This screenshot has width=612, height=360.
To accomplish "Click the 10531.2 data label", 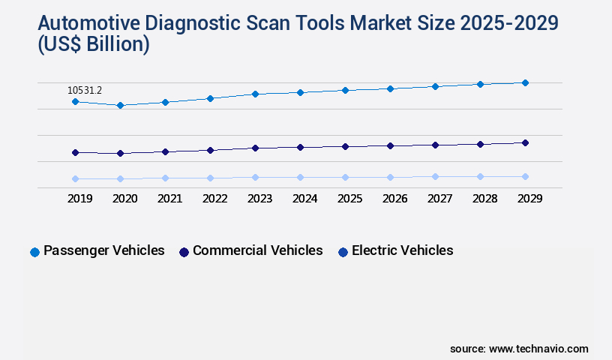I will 85,91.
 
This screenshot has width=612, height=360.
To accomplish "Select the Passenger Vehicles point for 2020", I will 120,106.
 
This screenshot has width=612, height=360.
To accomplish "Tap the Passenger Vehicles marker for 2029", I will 525,82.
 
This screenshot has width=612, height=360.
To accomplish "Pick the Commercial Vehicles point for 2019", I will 75,152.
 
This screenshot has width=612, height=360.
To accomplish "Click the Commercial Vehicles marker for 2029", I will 525,142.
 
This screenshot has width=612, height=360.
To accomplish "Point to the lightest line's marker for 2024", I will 300,177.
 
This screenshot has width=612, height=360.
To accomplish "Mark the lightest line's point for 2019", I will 75,178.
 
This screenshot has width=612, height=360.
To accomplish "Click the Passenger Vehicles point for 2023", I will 255,94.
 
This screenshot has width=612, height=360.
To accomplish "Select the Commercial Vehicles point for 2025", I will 345,146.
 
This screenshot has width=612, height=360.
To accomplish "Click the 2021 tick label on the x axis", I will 169,199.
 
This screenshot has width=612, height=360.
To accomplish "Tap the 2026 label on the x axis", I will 394,199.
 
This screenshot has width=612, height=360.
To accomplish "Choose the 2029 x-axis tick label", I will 529,199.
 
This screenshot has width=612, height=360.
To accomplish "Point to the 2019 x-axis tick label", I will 79,199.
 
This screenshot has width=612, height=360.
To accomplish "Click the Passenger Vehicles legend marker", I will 34,252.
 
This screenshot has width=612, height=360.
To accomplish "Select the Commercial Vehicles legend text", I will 257,250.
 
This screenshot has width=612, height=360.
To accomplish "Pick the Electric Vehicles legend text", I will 402,250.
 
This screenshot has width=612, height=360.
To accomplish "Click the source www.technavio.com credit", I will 519,349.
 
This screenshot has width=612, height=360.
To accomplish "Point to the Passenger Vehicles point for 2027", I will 435,86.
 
